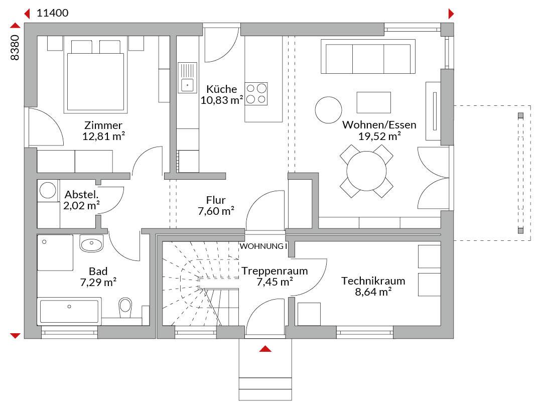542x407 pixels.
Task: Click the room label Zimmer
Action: tap(103, 125)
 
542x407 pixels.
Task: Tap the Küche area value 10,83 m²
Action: tap(222, 100)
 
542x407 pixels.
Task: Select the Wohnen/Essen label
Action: tap(379, 125)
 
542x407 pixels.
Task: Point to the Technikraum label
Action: tap(373, 281)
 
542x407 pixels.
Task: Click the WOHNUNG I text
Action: tap(263, 246)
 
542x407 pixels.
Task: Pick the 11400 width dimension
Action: tap(53, 13)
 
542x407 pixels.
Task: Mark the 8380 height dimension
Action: tap(15, 48)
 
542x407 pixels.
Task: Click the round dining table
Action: tap(366, 171)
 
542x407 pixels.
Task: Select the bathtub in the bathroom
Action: tap(69, 311)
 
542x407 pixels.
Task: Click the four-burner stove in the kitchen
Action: tap(256, 94)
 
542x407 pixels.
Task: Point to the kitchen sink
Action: tap(187, 78)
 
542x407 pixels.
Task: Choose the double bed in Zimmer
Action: tap(95, 76)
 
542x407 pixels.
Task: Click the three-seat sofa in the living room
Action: tap(368, 56)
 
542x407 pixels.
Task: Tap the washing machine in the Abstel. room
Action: tap(48, 191)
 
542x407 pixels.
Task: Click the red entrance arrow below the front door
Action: tap(265, 349)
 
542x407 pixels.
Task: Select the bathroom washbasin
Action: tap(91, 243)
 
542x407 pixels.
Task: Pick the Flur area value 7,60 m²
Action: tap(216, 211)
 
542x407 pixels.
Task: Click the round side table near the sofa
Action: tap(328, 109)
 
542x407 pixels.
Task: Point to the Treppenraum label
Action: tap(275, 271)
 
